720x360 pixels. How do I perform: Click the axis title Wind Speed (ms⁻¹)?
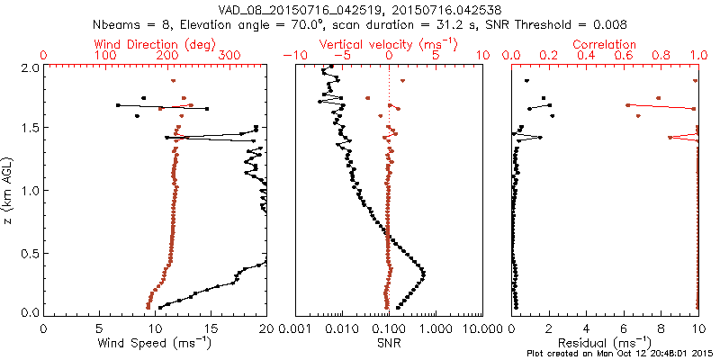[155, 343]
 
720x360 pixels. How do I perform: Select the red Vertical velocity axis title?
[389, 44]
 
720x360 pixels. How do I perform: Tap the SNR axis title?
[389, 342]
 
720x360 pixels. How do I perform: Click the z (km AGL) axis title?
[9, 190]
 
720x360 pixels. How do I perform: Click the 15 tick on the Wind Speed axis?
[211, 329]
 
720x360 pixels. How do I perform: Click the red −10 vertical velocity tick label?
[292, 56]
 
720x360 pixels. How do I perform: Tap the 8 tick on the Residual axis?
[661, 329]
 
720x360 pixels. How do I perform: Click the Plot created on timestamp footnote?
[620, 353]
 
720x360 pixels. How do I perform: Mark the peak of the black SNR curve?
[424, 273]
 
